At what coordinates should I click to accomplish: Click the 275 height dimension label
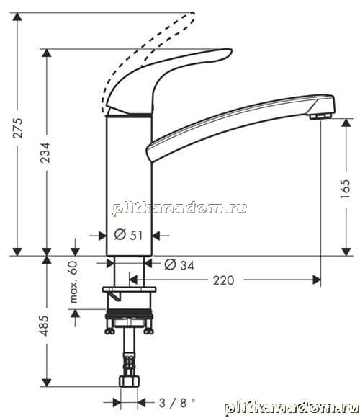18,128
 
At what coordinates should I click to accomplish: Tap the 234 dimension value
45,153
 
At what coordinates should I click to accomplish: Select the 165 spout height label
346,189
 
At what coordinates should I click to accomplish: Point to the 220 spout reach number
223,280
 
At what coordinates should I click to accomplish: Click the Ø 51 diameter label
128,235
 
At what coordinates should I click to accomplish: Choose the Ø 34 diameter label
179,265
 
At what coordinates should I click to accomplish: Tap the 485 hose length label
45,326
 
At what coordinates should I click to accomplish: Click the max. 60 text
73,282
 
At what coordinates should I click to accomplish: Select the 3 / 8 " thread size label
177,403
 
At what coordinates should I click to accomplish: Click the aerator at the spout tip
321,116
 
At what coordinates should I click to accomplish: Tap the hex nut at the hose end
129,381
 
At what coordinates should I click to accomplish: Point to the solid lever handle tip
230,50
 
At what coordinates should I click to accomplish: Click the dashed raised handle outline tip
194,14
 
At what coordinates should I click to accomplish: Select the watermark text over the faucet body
179,208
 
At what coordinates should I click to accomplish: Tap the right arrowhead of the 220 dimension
317,280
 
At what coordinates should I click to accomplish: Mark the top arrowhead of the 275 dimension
17,17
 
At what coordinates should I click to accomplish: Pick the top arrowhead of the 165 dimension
346,123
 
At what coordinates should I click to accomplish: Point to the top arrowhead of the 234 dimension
47,53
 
